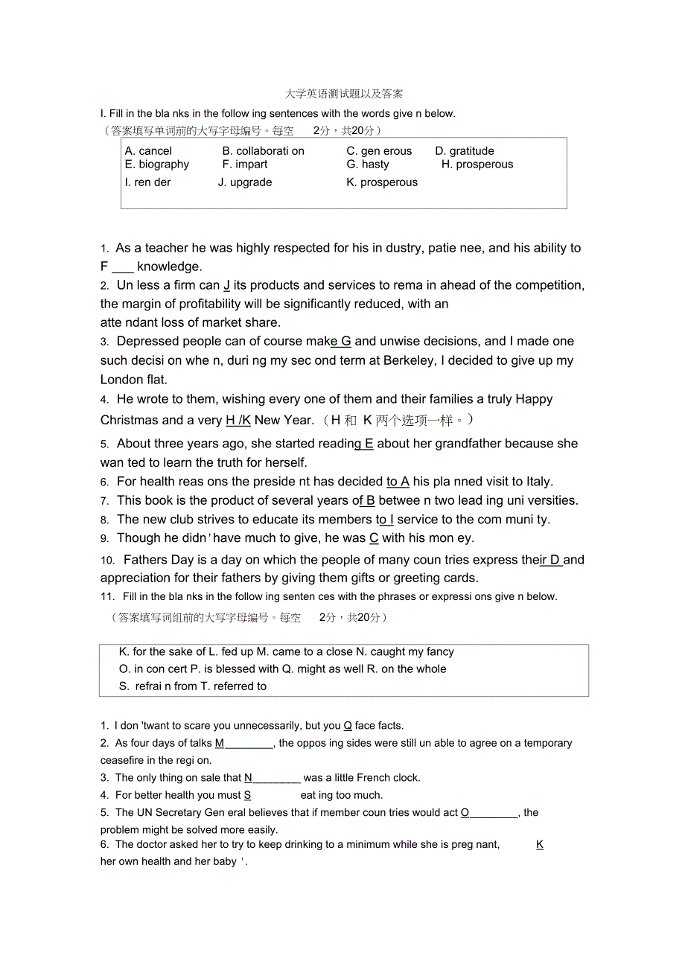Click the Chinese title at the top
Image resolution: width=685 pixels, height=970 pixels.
point(344,94)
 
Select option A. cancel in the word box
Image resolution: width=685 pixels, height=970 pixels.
point(148,151)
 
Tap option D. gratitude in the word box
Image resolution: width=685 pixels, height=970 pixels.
point(465,151)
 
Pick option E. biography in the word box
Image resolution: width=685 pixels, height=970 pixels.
point(157,165)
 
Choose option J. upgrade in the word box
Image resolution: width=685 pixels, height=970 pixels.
point(245,182)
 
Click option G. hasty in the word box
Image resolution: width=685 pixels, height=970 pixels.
point(368,165)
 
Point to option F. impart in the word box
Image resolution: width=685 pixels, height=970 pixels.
point(245,165)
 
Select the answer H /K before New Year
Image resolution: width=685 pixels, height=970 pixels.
point(238,421)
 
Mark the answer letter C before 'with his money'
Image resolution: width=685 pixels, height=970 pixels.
point(375,538)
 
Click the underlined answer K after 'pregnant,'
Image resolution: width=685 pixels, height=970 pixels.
point(540,845)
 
